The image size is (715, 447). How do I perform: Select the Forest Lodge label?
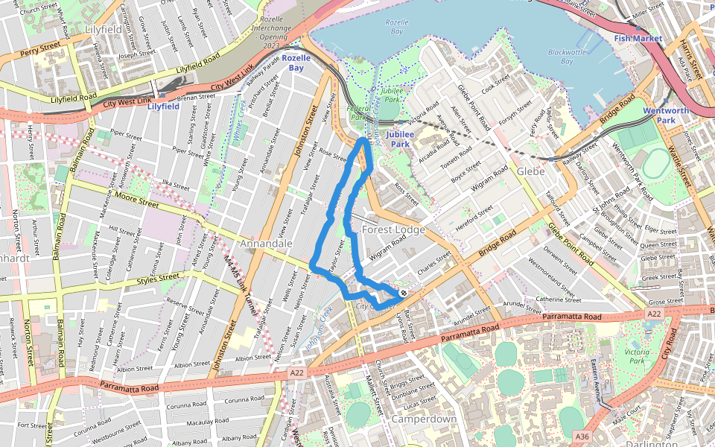point(393,229)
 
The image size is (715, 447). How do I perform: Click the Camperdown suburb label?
point(424,419)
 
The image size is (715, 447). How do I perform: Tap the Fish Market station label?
point(638,38)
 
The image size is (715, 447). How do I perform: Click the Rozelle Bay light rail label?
point(296,63)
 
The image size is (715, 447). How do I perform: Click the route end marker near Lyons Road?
point(403,293)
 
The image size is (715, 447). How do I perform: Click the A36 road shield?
point(582,435)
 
